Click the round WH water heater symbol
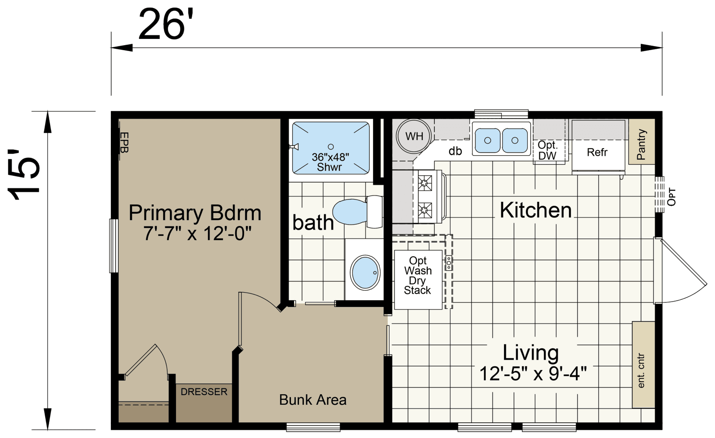click(x=414, y=136)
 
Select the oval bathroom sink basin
click(x=366, y=272)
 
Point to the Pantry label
click(x=641, y=145)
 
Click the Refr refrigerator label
click(x=597, y=153)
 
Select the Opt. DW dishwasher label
click(x=547, y=150)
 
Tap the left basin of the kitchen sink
click(x=487, y=140)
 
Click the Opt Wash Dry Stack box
click(x=418, y=276)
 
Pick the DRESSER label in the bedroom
click(x=204, y=392)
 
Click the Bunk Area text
click(x=313, y=400)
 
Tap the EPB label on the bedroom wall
click(x=124, y=142)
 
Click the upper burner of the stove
click(x=425, y=183)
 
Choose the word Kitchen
click(x=535, y=210)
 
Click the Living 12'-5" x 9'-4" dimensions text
click(x=533, y=373)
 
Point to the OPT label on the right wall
click(x=671, y=197)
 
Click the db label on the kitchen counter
click(x=455, y=151)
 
